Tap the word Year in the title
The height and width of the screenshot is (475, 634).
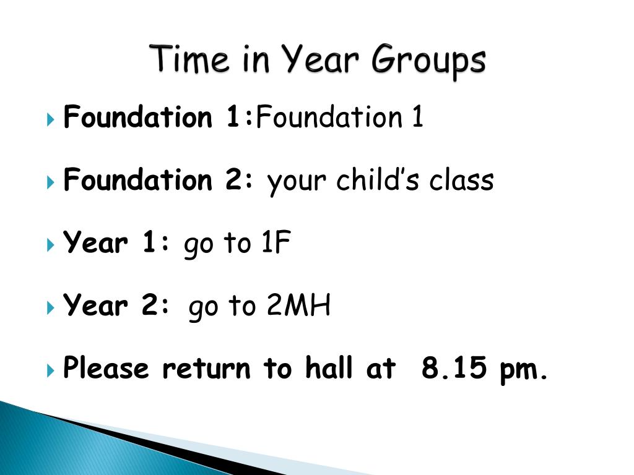pyautogui.click(x=319, y=59)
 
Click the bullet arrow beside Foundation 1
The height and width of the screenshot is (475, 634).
pyautogui.click(x=51, y=119)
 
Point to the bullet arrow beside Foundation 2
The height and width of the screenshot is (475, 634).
pyautogui.click(x=51, y=182)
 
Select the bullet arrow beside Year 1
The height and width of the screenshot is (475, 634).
pyautogui.click(x=51, y=244)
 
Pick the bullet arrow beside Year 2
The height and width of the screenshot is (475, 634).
pyautogui.click(x=51, y=307)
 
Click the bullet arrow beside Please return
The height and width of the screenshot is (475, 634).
pyautogui.click(x=51, y=370)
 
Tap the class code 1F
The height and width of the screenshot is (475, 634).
pyautogui.click(x=276, y=242)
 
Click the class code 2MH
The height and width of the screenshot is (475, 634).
pyautogui.click(x=299, y=305)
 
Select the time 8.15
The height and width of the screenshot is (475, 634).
pyautogui.click(x=454, y=367)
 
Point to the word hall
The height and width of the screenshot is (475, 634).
pyautogui.click(x=329, y=367)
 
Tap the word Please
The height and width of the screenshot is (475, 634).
pyautogui.click(x=106, y=367)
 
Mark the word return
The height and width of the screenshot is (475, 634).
pyautogui.click(x=206, y=369)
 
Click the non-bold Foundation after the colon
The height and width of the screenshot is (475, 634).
pyautogui.click(x=329, y=117)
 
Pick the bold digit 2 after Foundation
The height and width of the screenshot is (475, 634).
pyautogui.click(x=233, y=179)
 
